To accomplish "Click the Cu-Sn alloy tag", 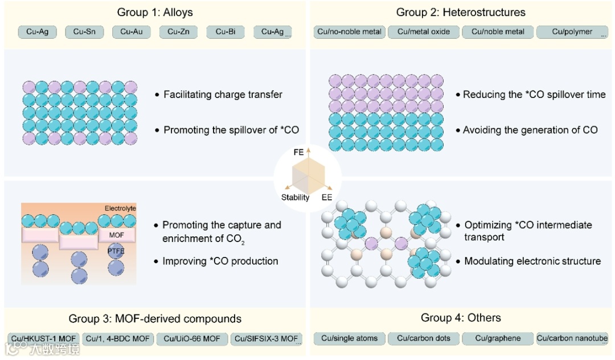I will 85,32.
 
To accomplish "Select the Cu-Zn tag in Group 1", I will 179,32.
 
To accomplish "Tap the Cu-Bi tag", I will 225,32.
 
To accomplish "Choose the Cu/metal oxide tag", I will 423,32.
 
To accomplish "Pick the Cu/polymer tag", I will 572,32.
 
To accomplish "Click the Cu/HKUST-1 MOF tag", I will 44,339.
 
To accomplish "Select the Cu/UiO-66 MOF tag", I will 192,339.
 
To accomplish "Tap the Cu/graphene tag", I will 498,338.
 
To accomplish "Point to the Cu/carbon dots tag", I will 424,338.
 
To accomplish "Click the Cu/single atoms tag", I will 349,338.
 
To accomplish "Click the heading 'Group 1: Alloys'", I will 155,12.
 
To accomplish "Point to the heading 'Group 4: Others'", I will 461,318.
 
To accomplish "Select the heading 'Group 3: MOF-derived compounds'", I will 155,318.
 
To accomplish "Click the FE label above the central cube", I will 298,153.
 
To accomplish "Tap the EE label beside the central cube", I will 327,198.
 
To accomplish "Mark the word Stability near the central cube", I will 295,198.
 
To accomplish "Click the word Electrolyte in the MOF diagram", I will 120,208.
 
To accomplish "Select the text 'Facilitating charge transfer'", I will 223,95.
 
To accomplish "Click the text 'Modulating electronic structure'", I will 532,261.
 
